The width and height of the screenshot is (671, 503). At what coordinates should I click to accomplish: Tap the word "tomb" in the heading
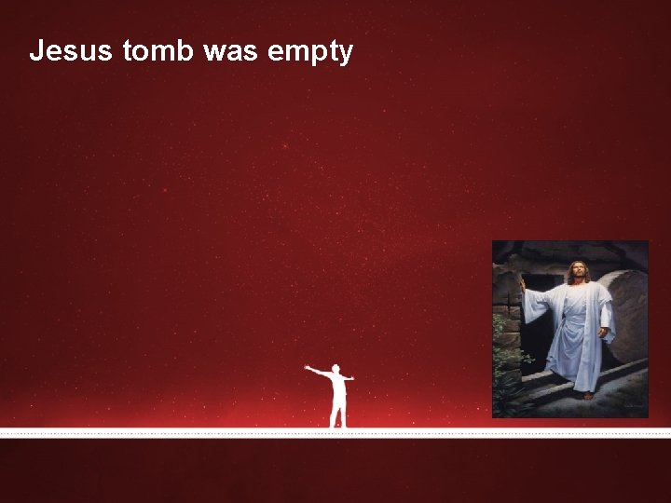point(157,51)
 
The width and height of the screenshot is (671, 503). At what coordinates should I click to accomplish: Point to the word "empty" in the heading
point(310,53)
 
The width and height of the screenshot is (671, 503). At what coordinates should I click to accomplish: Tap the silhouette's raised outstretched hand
point(307,367)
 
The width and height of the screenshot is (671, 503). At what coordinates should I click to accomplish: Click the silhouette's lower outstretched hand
point(351,378)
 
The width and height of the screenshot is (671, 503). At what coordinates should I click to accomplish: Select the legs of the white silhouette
point(338,414)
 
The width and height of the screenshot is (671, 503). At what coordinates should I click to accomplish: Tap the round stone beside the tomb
point(626,317)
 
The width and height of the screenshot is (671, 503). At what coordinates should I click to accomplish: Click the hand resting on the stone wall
point(522,282)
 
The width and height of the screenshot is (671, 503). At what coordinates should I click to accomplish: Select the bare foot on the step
point(587,396)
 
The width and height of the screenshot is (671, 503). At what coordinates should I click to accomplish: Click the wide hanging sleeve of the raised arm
point(536,307)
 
